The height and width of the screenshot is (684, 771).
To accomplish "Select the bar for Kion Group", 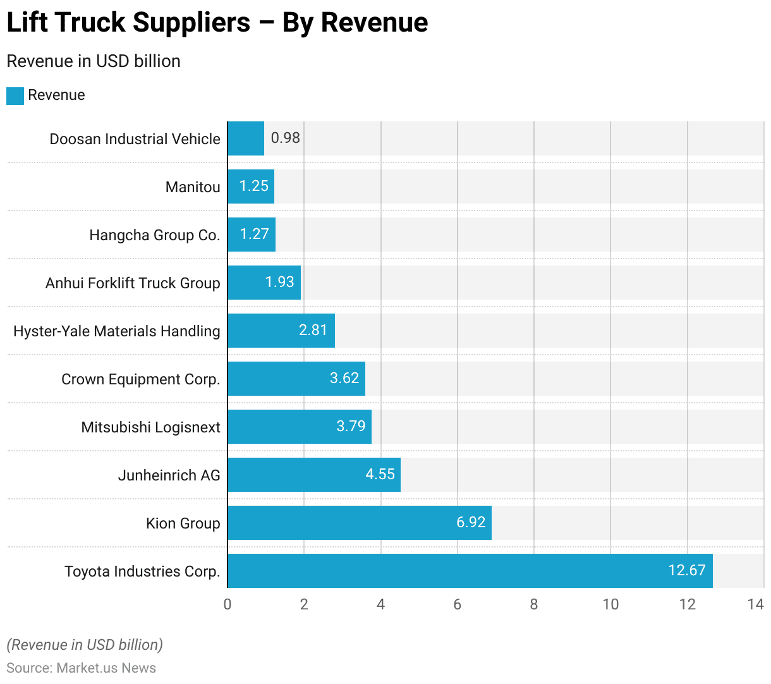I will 360,523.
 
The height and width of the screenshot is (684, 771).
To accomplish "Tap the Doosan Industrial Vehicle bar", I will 246,138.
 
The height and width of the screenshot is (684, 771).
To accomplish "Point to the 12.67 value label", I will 686,570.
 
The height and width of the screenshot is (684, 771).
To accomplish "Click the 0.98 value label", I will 285,138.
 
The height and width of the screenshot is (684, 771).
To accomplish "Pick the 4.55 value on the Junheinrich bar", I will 380,474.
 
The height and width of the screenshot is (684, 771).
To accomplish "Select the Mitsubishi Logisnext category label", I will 150,427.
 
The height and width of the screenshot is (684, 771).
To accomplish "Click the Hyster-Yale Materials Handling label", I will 117,331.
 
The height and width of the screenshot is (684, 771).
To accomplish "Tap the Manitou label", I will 193,187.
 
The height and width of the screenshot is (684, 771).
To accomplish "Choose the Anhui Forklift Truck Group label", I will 133,283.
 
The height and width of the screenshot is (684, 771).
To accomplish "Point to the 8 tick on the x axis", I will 534,604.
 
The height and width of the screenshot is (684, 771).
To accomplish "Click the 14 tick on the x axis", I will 755,604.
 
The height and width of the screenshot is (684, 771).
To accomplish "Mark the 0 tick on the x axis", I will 228,604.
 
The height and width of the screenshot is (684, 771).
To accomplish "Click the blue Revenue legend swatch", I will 15,95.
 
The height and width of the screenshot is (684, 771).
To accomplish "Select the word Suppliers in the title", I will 191,23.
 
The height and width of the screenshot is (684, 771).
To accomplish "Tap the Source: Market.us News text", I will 81,668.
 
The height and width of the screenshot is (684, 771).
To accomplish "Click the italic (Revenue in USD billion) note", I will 85,645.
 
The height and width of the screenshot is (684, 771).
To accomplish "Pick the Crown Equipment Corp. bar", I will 296,379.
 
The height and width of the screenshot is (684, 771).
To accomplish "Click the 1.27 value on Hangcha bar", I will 254,234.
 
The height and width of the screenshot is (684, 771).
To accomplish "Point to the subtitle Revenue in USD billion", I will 94,61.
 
